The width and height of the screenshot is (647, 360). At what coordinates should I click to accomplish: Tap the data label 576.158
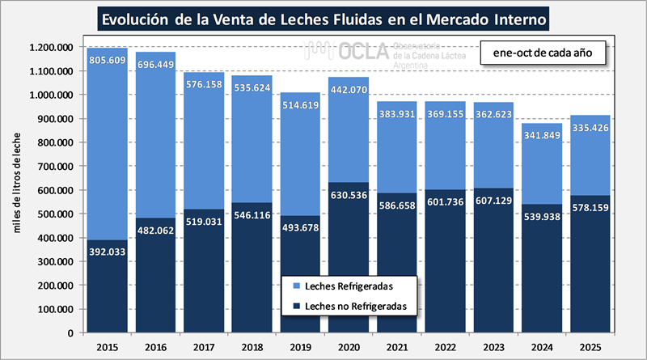click(205, 84)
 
